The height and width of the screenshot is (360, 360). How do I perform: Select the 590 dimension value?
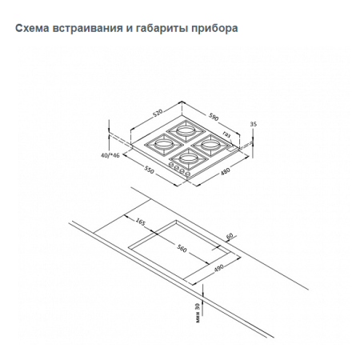214,117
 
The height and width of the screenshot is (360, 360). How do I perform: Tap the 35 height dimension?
254,124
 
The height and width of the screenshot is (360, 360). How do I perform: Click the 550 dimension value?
149,170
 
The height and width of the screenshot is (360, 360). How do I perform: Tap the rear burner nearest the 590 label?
186,130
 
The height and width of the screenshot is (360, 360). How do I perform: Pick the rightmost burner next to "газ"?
210,144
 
